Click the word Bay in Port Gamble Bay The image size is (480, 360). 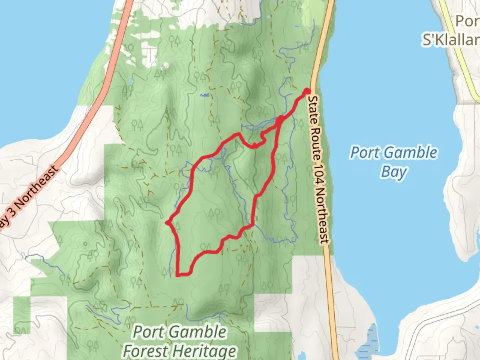tap(394, 172)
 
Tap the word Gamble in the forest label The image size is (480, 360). tap(198, 332)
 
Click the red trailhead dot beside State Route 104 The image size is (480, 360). tap(307, 91)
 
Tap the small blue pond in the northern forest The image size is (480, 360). tap(205, 95)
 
